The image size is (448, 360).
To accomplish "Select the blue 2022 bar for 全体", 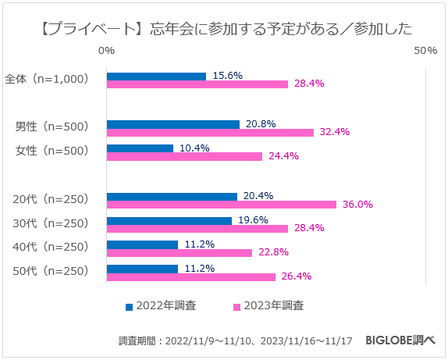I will click(156, 77).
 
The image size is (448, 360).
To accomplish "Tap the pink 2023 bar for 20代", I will click(221, 205).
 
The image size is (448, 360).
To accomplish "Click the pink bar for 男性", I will click(210, 133).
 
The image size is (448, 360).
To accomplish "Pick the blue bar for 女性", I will click(140, 148).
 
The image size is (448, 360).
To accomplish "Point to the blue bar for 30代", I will click(169, 221).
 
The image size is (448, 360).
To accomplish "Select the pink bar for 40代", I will click(180, 252).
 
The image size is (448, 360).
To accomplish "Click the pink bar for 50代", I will click(191, 276).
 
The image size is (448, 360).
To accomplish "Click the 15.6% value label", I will click(226, 76).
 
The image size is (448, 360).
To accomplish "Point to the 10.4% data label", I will click(194, 147).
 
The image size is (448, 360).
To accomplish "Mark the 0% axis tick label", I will click(107, 51).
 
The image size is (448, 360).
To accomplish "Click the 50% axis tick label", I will click(425, 51).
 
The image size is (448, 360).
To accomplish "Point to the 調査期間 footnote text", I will click(235, 341).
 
